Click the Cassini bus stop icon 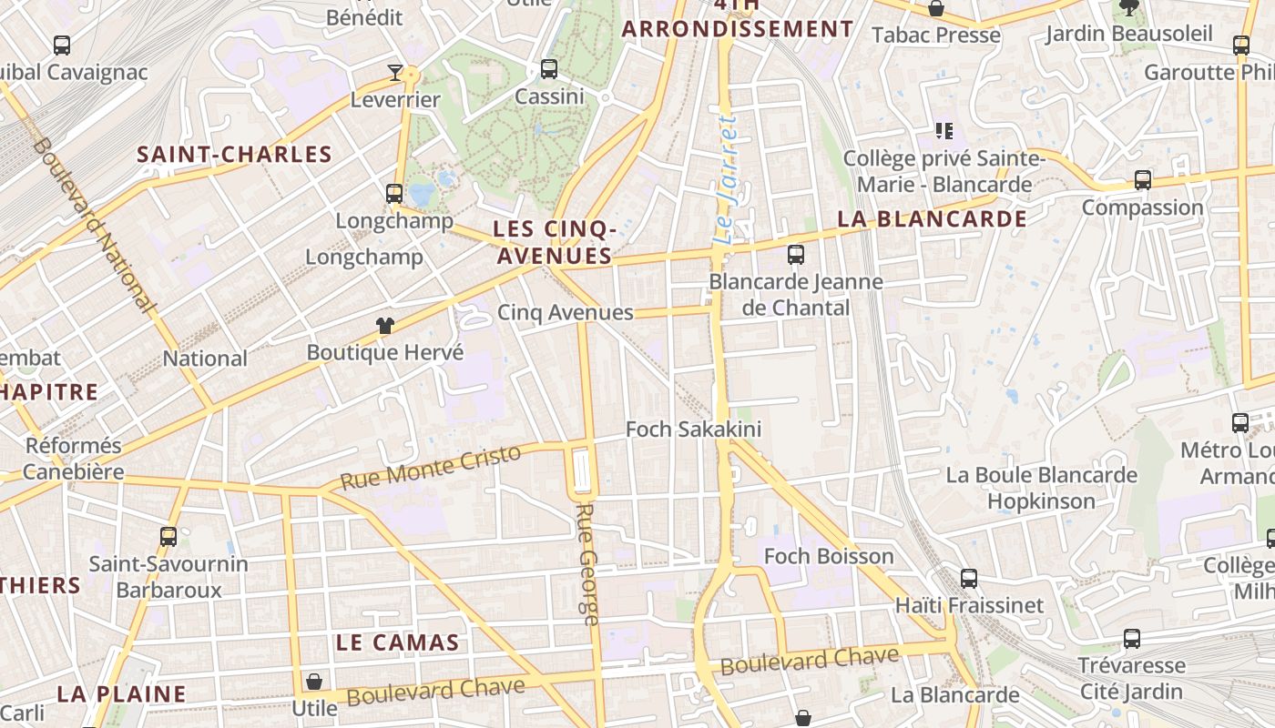tap(549, 68)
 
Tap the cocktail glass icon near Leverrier tap(395, 72)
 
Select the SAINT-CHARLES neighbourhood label tap(234, 154)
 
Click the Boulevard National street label tap(94, 225)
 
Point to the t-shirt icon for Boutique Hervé tap(384, 326)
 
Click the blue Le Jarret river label tap(725, 180)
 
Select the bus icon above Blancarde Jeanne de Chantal tap(796, 254)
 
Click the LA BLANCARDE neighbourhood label tap(932, 219)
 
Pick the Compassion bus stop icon tap(1142, 180)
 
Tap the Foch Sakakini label tap(693, 430)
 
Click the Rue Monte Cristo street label tap(431, 466)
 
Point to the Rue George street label tap(587, 564)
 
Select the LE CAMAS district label tap(397, 642)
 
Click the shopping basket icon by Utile tap(314, 681)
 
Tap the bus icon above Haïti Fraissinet tap(969, 578)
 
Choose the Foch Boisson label tap(829, 556)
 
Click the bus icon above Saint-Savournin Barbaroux tap(168, 537)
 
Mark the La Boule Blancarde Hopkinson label tap(1041, 488)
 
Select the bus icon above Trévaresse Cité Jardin tap(1131, 639)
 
